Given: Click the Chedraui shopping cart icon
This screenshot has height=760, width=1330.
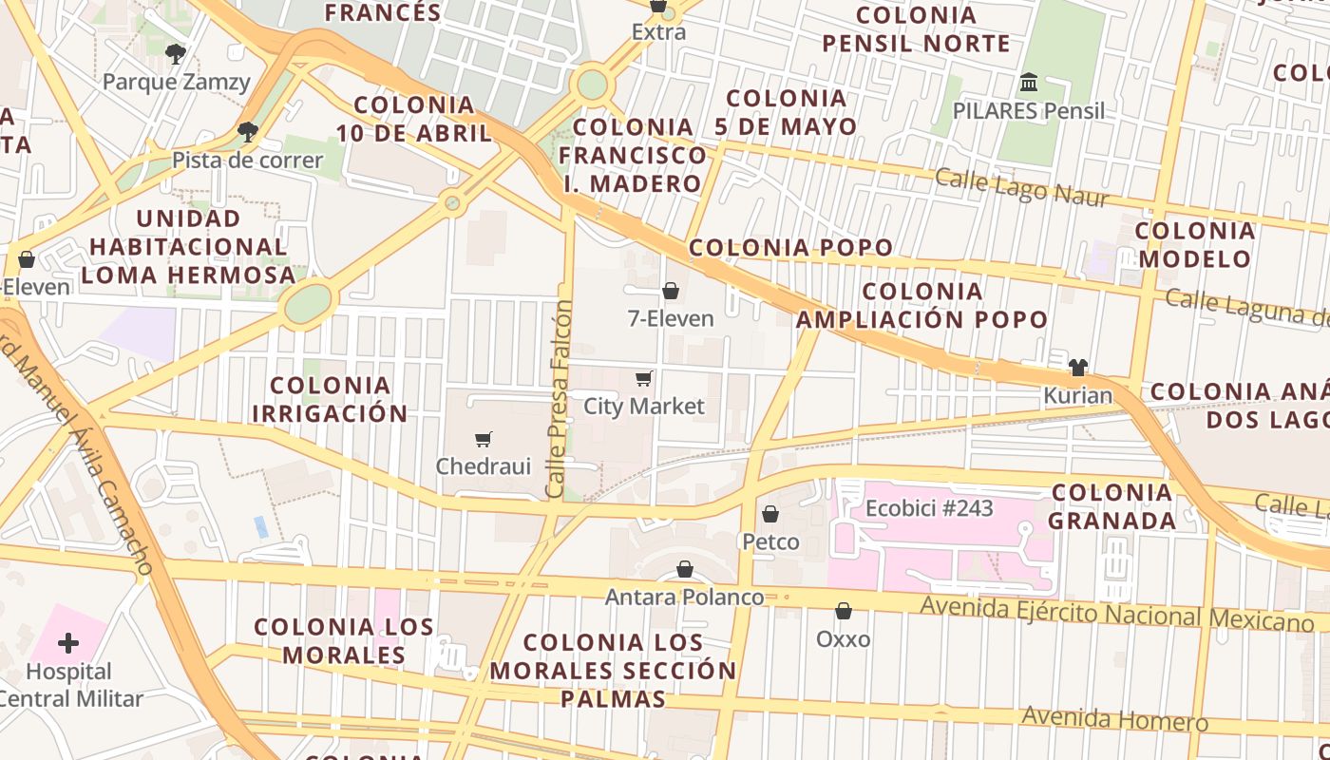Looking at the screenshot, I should pyautogui.click(x=484, y=439).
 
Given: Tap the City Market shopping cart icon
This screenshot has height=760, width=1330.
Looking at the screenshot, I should pyautogui.click(x=644, y=379).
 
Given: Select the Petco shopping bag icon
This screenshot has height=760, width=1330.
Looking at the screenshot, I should pyautogui.click(x=770, y=514).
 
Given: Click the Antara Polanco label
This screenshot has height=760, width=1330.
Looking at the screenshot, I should pyautogui.click(x=684, y=598).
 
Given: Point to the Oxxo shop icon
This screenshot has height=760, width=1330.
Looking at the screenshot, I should pyautogui.click(x=844, y=611).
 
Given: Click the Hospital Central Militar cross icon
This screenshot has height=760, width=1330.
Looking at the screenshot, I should pyautogui.click(x=68, y=643).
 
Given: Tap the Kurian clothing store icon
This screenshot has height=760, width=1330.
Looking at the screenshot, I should pyautogui.click(x=1077, y=368).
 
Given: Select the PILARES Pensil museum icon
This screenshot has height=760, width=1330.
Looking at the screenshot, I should pyautogui.click(x=1029, y=83).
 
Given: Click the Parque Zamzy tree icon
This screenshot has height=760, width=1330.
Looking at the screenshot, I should pyautogui.click(x=176, y=54).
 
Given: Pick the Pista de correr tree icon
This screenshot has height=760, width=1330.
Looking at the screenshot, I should pyautogui.click(x=248, y=132).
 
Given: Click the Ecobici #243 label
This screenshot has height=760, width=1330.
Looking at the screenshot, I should pyautogui.click(x=928, y=508).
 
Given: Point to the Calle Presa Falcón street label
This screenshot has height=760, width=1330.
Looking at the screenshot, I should pyautogui.click(x=560, y=399).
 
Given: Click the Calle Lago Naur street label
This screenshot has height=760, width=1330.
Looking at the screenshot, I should pyautogui.click(x=1021, y=187).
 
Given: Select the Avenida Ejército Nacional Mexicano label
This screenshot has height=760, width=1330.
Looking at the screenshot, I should pyautogui.click(x=1116, y=614).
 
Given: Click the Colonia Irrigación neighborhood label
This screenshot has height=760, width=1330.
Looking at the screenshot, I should pyautogui.click(x=330, y=399).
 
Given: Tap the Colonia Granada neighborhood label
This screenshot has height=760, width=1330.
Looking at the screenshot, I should pyautogui.click(x=1112, y=506).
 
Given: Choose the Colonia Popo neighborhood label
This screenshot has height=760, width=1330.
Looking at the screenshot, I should pyautogui.click(x=790, y=248).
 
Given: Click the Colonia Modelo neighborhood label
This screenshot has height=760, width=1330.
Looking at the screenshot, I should pyautogui.click(x=1195, y=244).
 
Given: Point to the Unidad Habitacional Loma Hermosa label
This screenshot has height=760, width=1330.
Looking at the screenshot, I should pyautogui.click(x=188, y=247).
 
